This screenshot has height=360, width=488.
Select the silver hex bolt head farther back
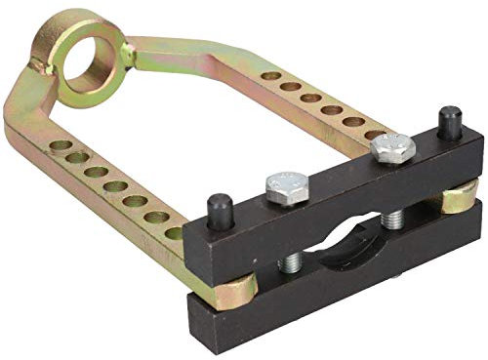pyautogui.click(x=392, y=146)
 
